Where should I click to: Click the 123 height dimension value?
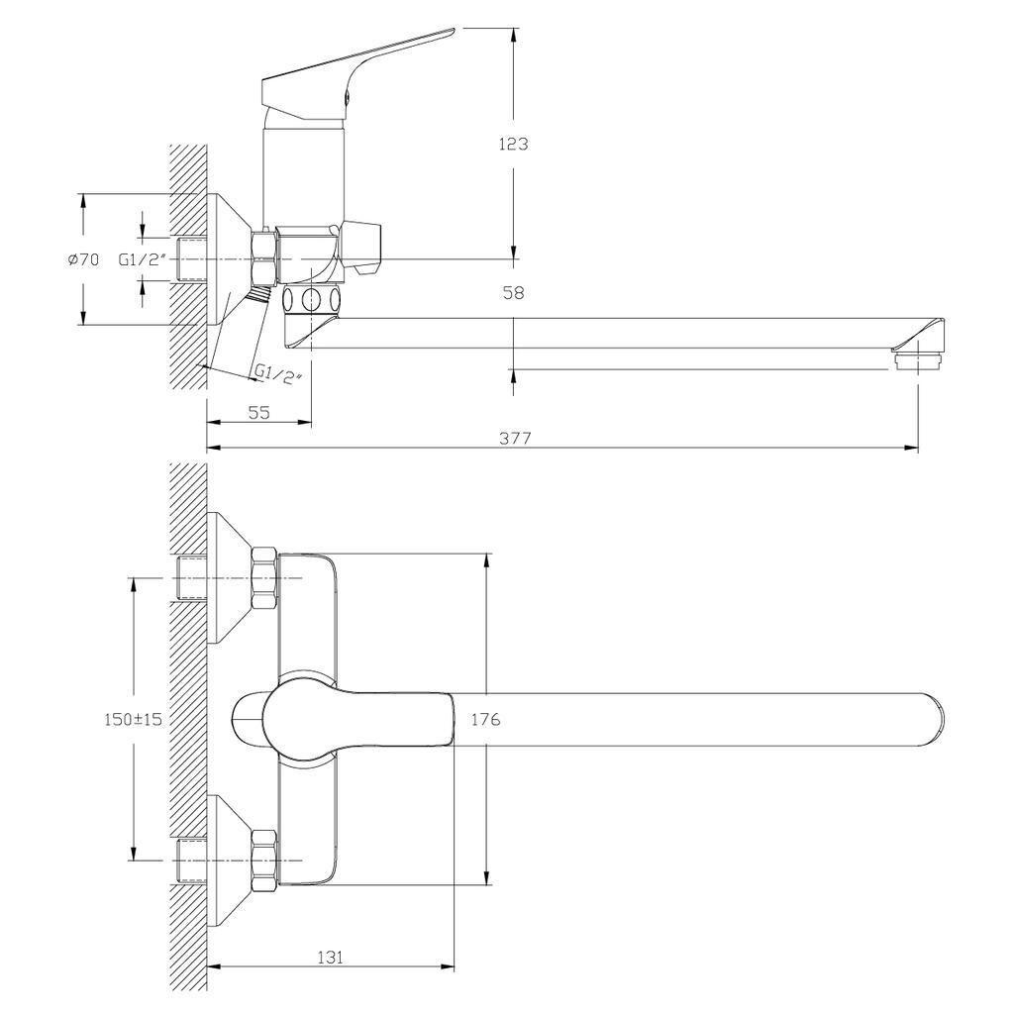coord(514,144)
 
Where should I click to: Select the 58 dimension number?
coord(514,293)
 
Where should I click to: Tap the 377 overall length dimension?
coord(515,439)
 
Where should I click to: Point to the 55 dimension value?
coord(258,412)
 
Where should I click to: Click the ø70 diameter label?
coord(83,260)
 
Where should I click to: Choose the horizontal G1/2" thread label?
coord(143,260)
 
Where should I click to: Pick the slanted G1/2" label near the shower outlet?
coord(278,374)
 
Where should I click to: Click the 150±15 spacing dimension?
coord(134,719)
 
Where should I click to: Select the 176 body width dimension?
coord(485,719)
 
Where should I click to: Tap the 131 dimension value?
coord(330,958)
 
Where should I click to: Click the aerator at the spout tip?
coord(918,359)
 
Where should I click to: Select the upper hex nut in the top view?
coord(264,578)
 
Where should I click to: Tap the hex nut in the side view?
coord(264,255)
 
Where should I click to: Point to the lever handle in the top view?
coord(343,719)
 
